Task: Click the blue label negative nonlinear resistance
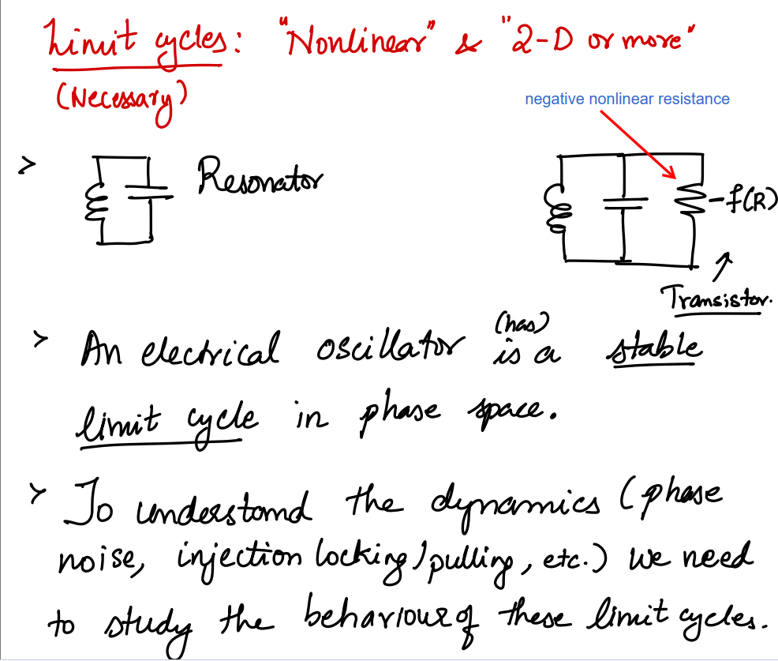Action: pyautogui.click(x=627, y=99)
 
